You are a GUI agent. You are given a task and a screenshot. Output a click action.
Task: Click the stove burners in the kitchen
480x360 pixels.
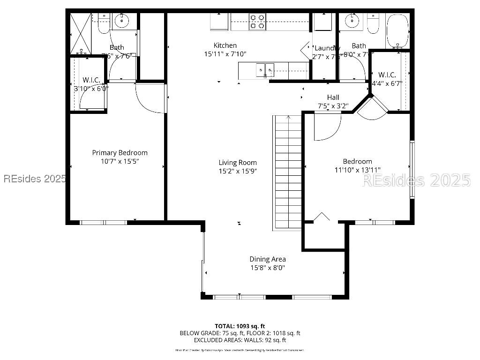pyautogui.click(x=257, y=22)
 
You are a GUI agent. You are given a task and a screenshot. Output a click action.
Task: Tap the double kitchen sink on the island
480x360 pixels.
pyautogui.click(x=265, y=71)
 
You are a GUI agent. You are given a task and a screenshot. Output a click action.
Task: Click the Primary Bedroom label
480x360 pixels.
pyautogui.click(x=120, y=153)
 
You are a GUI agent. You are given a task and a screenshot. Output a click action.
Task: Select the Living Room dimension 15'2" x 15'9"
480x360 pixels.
pyautogui.click(x=238, y=171)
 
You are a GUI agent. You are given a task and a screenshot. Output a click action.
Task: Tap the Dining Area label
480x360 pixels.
pyautogui.click(x=267, y=259)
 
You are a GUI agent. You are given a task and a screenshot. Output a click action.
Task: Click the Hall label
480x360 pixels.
pyautogui.click(x=333, y=97)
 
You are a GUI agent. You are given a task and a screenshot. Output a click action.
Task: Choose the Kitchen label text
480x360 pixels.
pyautogui.click(x=225, y=45)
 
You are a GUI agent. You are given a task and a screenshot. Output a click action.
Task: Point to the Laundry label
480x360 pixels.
pyautogui.click(x=327, y=48)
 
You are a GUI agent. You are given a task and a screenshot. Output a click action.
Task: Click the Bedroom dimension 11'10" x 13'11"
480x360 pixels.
pyautogui.click(x=357, y=170)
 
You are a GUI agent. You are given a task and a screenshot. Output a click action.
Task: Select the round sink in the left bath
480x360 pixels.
pyautogui.click(x=122, y=21)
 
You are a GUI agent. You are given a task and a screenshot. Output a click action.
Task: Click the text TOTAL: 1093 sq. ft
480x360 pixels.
pyautogui.click(x=240, y=326)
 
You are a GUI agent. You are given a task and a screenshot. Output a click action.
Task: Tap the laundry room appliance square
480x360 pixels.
pyautogui.click(x=322, y=22)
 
